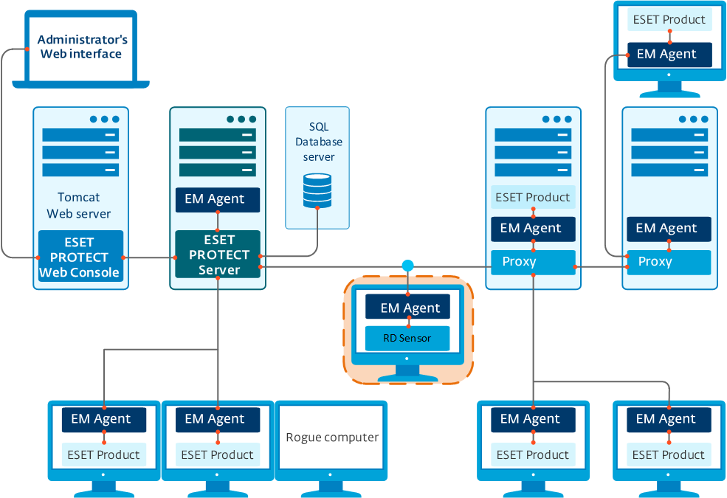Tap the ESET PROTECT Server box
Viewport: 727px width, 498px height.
pyautogui.click(x=218, y=255)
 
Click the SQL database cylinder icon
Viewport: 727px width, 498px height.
pyautogui.click(x=317, y=191)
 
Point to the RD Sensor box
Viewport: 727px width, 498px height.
pyautogui.click(x=407, y=339)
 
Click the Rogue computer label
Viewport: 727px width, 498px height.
pyautogui.click(x=332, y=438)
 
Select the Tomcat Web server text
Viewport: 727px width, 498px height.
pyautogui.click(x=79, y=205)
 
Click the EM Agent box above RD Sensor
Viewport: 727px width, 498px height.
pyautogui.click(x=410, y=308)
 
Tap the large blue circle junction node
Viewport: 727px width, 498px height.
pyautogui.click(x=407, y=266)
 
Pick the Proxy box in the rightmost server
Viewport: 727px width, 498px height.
pyautogui.click(x=669, y=262)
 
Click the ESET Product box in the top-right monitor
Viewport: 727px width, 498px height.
pyautogui.click(x=669, y=20)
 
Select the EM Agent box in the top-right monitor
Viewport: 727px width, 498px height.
pyautogui.click(x=669, y=54)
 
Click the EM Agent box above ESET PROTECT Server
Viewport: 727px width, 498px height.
pyautogui.click(x=218, y=199)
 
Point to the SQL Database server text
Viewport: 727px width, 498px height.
pyautogui.click(x=318, y=142)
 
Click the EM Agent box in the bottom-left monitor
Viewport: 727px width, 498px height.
pyautogui.click(x=104, y=419)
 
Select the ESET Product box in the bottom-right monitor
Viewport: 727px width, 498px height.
pyautogui.click(x=669, y=454)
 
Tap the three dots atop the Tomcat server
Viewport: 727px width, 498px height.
pyautogui.click(x=104, y=119)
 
